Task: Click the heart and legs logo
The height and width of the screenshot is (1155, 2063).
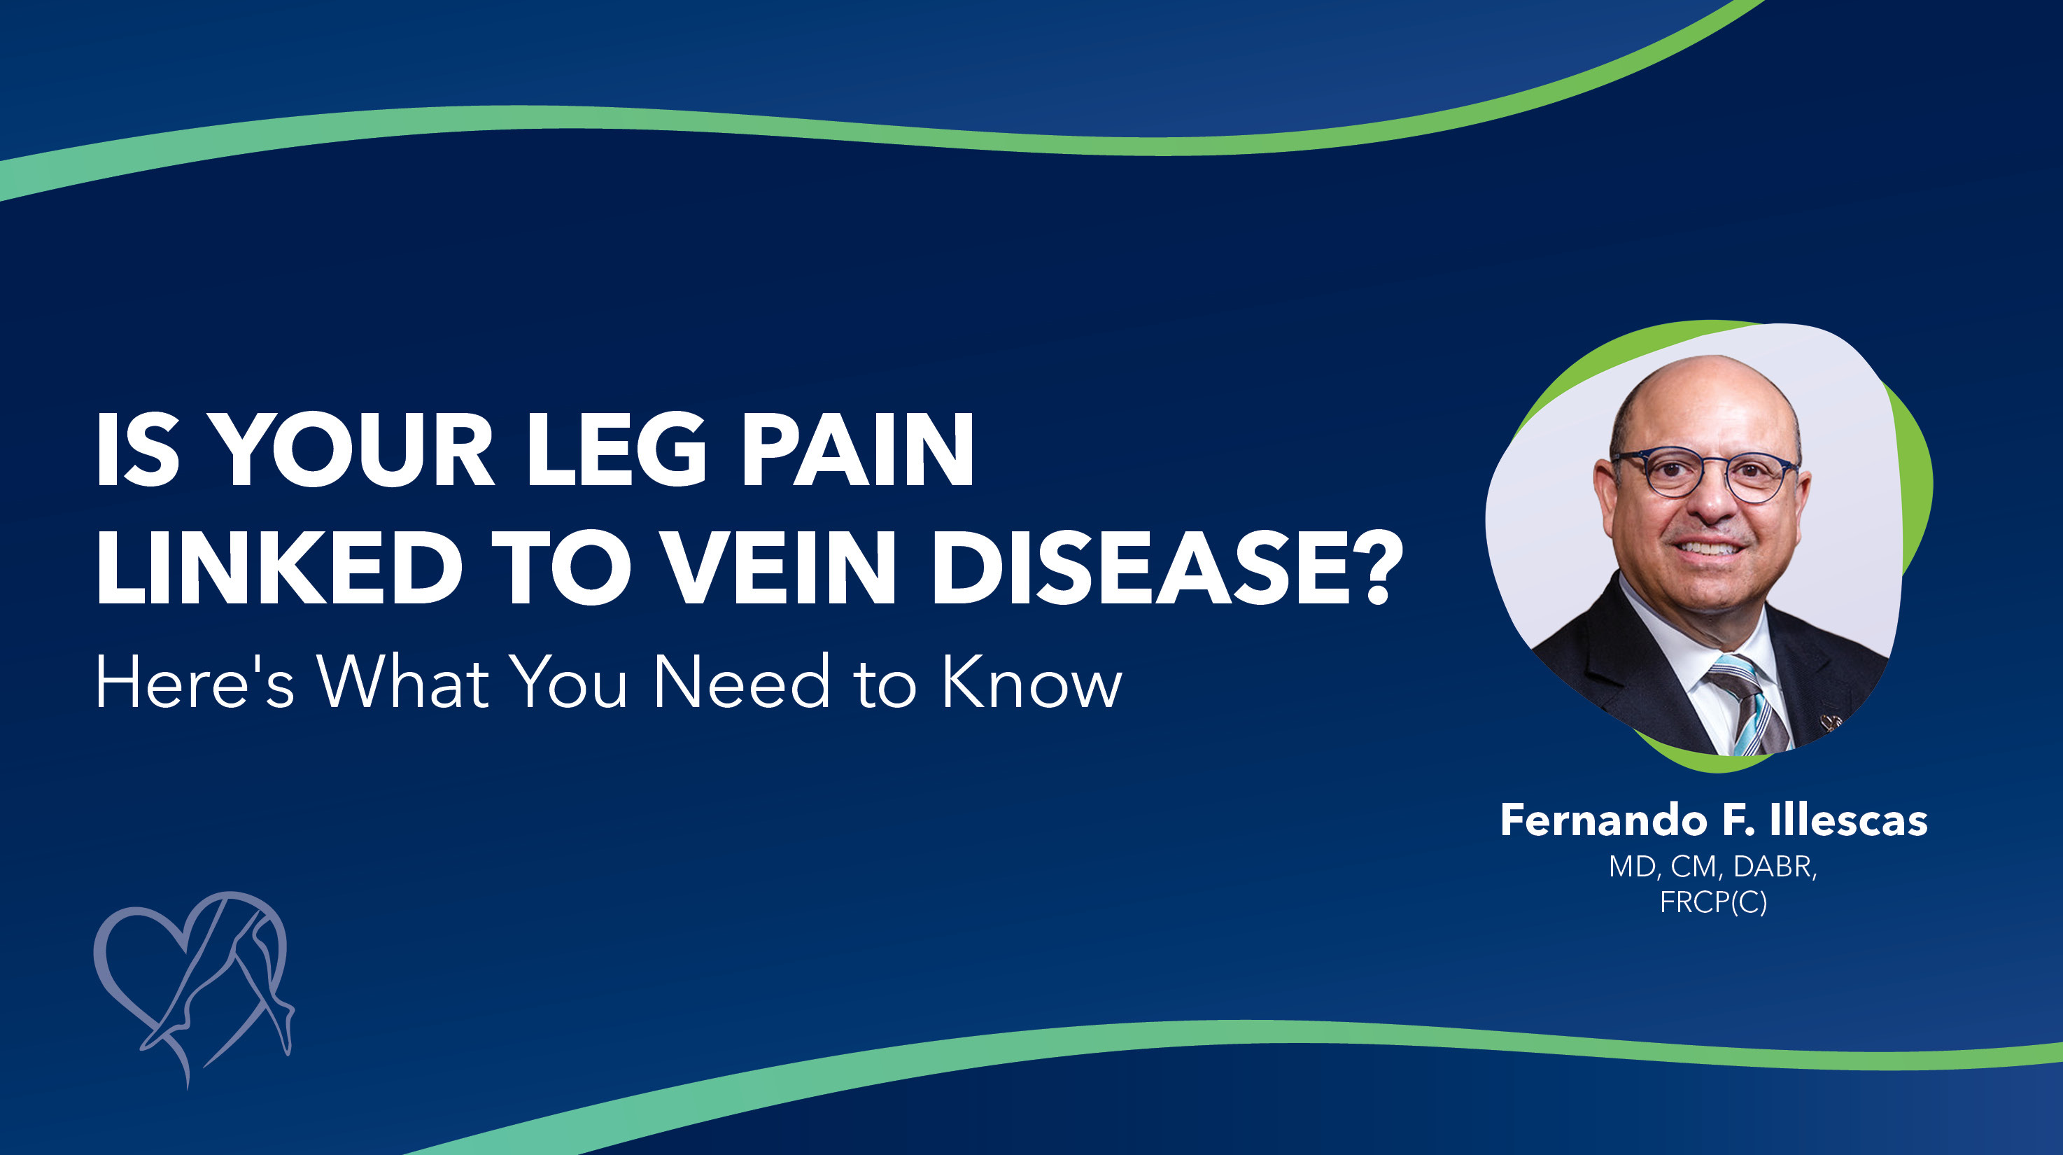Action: pos(192,985)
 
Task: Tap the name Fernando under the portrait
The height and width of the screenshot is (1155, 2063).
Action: pos(1610,821)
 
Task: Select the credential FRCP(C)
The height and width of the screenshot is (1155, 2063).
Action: pos(1713,903)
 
